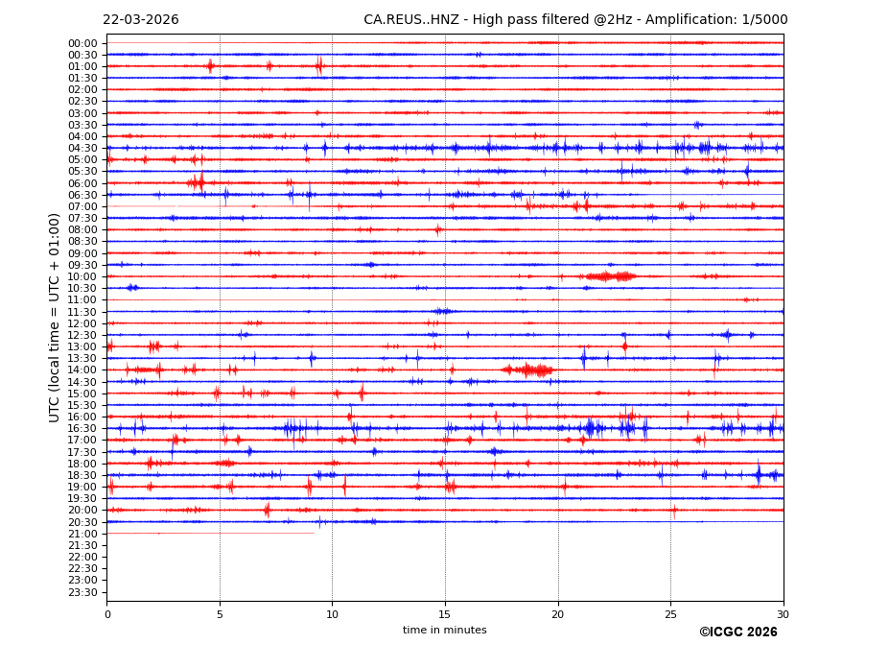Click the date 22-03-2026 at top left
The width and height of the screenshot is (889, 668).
[141, 20]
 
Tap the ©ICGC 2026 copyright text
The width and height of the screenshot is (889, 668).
[737, 632]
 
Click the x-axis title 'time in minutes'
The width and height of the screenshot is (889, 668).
[444, 631]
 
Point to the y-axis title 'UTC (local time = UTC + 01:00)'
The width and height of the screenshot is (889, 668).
[55, 317]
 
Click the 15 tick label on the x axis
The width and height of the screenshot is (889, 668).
[445, 615]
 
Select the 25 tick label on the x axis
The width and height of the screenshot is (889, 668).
[670, 615]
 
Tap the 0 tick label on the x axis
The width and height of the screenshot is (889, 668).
[107, 615]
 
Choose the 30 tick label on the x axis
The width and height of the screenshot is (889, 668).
[783, 615]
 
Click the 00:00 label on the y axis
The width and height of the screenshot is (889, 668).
[82, 43]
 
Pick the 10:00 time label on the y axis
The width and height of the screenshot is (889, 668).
[82, 276]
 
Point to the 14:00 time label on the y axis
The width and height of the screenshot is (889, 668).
[82, 370]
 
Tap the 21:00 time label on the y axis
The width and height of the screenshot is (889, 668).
[82, 534]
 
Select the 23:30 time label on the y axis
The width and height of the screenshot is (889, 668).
[82, 592]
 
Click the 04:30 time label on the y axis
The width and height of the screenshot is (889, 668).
[82, 148]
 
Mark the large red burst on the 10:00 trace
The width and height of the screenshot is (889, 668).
[610, 276]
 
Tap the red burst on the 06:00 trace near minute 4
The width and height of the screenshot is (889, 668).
[197, 182]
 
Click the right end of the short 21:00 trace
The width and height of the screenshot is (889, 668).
[314, 534]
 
